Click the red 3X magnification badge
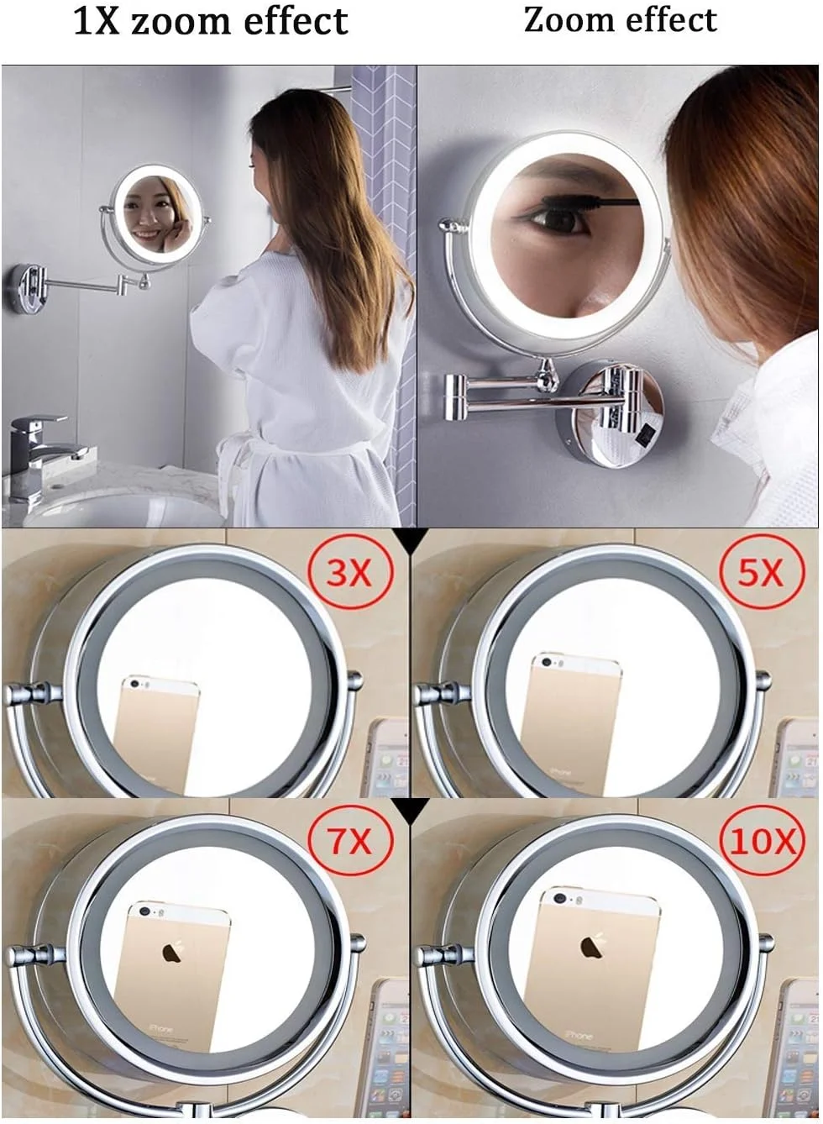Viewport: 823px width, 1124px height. point(349,573)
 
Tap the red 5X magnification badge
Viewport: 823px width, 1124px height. point(760,573)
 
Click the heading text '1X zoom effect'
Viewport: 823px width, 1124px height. point(210,21)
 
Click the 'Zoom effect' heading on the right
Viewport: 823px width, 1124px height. point(621,20)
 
